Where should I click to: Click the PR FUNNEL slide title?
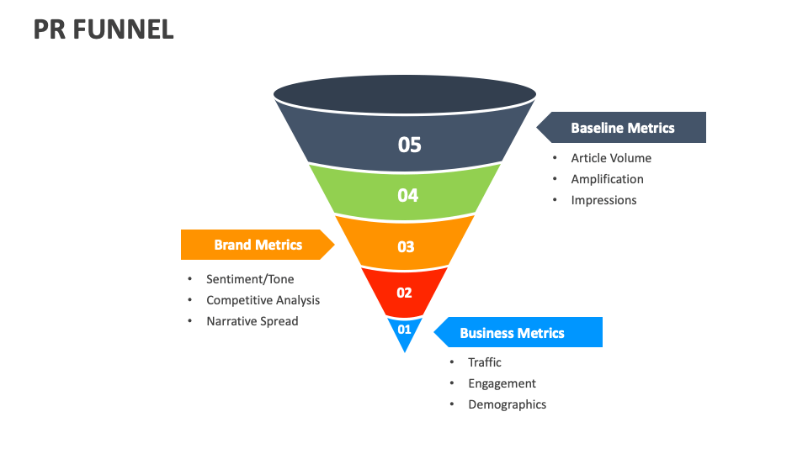point(104,29)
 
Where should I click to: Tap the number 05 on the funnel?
point(409,145)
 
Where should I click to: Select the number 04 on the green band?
point(407,195)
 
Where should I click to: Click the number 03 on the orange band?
point(406,246)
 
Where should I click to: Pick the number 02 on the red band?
point(404,293)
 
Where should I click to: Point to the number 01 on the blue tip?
point(404,329)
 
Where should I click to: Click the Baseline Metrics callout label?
point(622,128)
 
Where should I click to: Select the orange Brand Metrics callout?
point(258,245)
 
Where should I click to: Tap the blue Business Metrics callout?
point(512,333)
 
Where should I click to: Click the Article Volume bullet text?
point(610,158)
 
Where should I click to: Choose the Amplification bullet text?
point(607,179)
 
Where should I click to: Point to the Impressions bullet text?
point(603,200)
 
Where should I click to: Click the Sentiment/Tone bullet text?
point(250,279)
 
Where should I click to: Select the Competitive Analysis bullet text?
point(263,300)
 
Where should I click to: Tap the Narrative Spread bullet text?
point(252,321)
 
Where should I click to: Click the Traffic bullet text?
point(485,362)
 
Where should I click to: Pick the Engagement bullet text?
point(502,383)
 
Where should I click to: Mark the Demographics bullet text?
point(507,404)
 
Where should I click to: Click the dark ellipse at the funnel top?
point(405,94)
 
